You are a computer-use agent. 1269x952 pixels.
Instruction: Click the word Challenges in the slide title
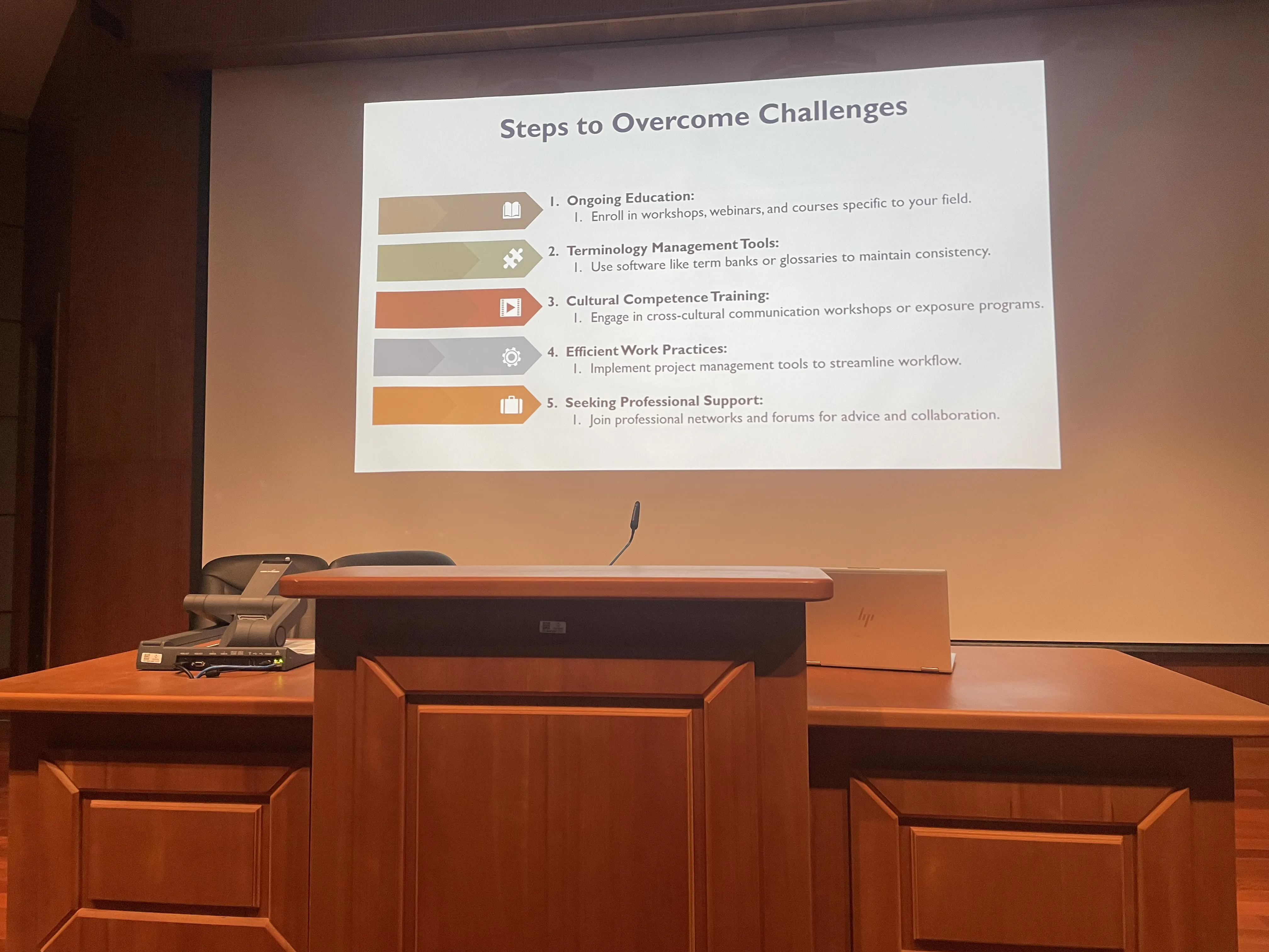click(833, 111)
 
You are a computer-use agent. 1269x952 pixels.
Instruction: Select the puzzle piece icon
click(512, 259)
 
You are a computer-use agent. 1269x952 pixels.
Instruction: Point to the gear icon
click(511, 357)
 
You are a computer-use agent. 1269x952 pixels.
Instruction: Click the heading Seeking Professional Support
click(664, 401)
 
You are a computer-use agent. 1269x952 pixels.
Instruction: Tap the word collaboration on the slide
click(955, 415)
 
